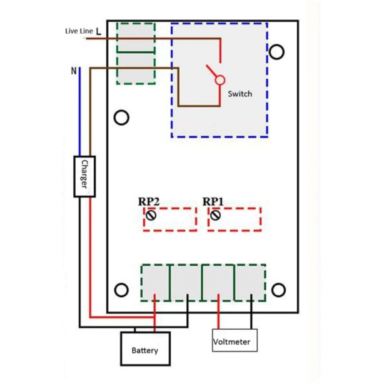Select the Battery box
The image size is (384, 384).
[x=144, y=350]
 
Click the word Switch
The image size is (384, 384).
[x=240, y=94]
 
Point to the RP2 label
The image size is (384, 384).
[x=149, y=202]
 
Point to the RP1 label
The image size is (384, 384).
[x=213, y=202]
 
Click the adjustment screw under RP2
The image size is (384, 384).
[x=151, y=216]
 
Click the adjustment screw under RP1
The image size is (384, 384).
[x=216, y=216]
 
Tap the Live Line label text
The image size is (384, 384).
[x=79, y=31]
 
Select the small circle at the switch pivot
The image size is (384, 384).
[x=220, y=80]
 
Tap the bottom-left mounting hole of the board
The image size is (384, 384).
[x=122, y=290]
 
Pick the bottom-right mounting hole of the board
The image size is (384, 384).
[x=278, y=290]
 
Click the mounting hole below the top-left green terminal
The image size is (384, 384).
[x=122, y=117]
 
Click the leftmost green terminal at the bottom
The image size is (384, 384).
[x=154, y=282]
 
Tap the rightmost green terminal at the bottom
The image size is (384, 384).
[x=250, y=282]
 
